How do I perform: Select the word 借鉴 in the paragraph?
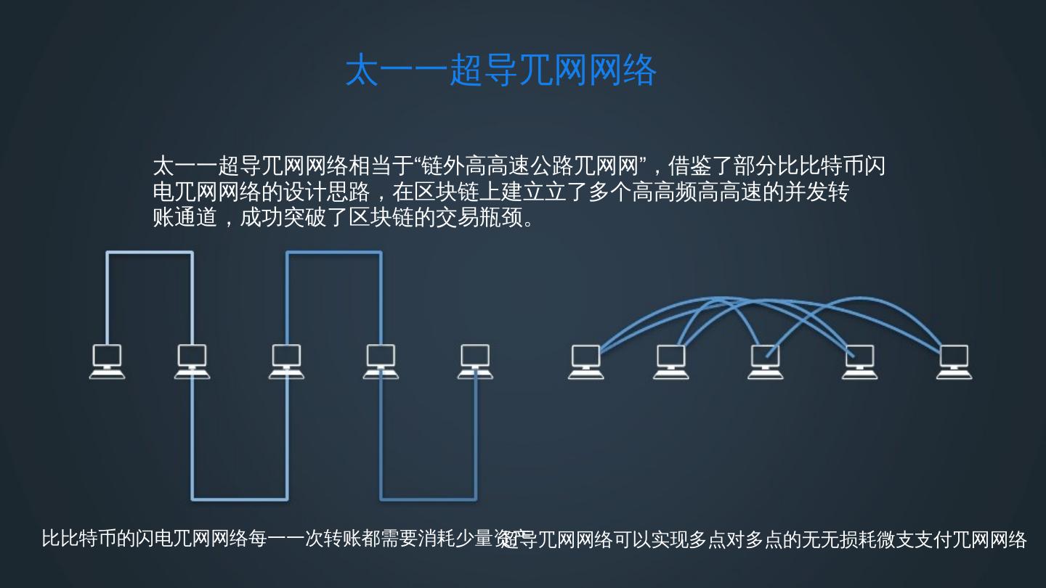point(689,166)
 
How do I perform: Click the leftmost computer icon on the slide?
point(107,361)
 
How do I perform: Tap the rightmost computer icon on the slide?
point(953,362)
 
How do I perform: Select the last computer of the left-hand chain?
point(475,361)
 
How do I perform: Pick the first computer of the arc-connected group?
point(585,362)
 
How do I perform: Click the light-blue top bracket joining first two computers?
point(150,253)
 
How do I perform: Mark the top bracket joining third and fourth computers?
point(334,253)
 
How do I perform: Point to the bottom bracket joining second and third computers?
point(240,499)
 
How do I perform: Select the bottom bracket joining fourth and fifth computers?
point(429,499)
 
